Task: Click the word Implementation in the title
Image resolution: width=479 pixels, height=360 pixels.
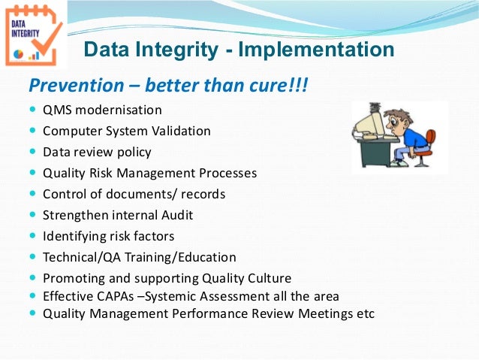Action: point(315,50)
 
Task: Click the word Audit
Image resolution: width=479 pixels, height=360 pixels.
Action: point(175,215)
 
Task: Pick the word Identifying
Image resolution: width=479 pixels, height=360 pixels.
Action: point(72,236)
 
